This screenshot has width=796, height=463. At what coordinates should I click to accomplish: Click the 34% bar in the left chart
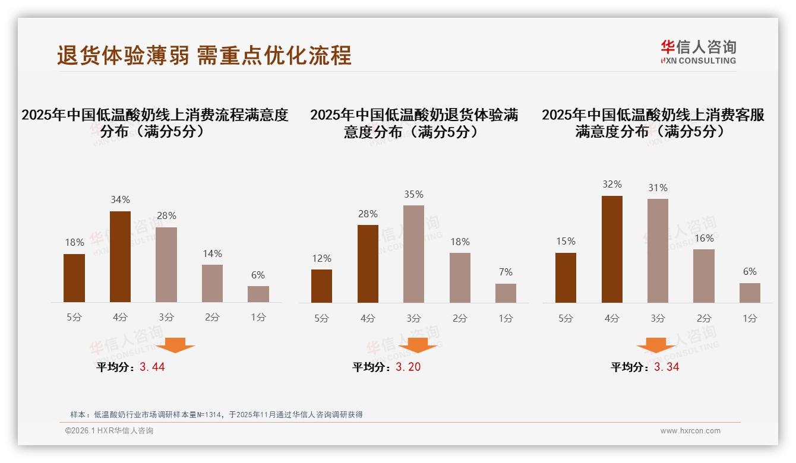tap(121, 256)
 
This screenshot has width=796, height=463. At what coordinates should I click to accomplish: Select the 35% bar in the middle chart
tap(413, 254)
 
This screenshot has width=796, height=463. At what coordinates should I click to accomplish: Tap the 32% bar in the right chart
tap(612, 249)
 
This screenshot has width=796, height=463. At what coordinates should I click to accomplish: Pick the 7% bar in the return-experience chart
tap(506, 293)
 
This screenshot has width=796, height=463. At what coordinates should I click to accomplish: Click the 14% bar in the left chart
tap(212, 283)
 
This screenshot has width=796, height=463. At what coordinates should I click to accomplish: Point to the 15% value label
tap(566, 241)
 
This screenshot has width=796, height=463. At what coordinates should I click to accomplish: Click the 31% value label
tap(658, 188)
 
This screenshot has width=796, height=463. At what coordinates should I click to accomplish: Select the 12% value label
tap(321, 258)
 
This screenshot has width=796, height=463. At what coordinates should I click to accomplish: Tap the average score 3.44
tap(152, 367)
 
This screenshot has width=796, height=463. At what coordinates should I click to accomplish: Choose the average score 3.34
tap(667, 367)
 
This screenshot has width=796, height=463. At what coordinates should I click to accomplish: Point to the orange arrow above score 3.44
tap(176, 345)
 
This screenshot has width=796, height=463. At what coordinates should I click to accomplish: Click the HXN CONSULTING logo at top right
tap(698, 52)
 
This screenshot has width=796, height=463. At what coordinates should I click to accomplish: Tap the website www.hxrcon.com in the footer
tap(690, 431)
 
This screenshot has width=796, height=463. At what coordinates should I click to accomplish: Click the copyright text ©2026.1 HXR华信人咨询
tap(109, 431)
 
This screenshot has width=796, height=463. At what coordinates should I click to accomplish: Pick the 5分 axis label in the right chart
tap(566, 318)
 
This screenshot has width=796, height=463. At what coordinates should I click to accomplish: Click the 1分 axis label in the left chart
tap(258, 317)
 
